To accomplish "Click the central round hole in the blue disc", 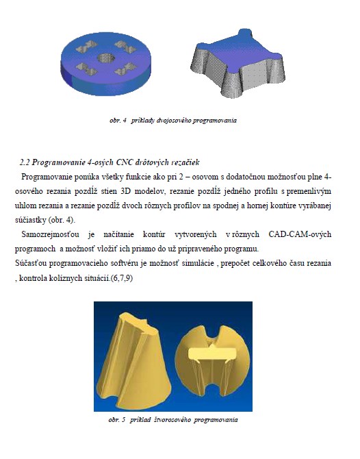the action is [x=105, y=58].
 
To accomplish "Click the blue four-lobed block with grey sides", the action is [x=237, y=63].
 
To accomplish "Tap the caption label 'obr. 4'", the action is [x=118, y=121].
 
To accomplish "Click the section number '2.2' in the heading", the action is [x=25, y=162].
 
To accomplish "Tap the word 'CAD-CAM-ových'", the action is [x=300, y=234].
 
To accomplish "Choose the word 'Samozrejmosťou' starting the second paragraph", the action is [x=50, y=234].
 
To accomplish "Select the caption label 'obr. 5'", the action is [x=116, y=420].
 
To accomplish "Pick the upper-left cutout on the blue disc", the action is [x=86, y=47].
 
